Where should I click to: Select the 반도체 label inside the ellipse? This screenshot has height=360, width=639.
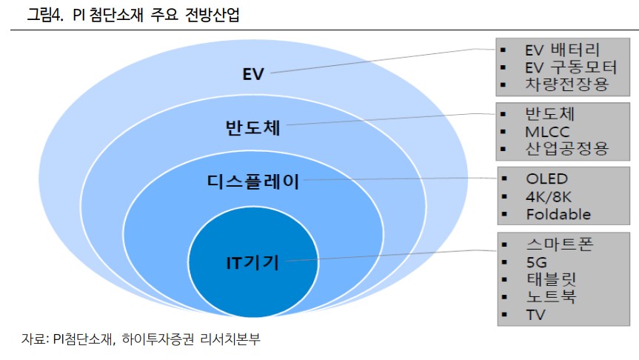(x=252, y=127)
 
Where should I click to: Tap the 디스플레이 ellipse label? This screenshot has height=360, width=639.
(x=253, y=181)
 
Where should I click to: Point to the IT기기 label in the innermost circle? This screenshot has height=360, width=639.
(x=252, y=262)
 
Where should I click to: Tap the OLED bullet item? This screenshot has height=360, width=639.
(x=547, y=179)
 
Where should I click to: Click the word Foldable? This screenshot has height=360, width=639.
(x=559, y=214)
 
